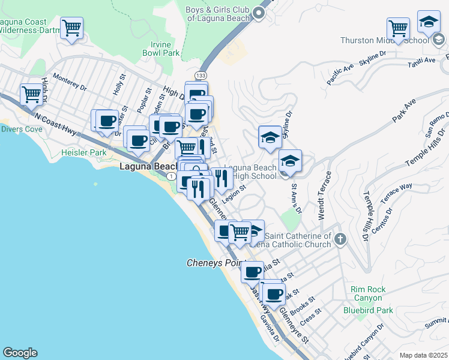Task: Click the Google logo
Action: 20,353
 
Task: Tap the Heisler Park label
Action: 83,153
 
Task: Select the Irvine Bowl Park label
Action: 161,49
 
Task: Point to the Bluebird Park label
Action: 368,310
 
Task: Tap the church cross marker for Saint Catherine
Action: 340,239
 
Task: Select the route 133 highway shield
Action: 200,75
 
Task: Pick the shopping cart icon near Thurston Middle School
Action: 398,28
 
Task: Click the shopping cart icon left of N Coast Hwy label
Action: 31,94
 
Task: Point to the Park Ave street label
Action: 405,112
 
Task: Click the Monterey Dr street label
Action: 70,82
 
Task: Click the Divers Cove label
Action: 21,129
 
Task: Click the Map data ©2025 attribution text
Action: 423,355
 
